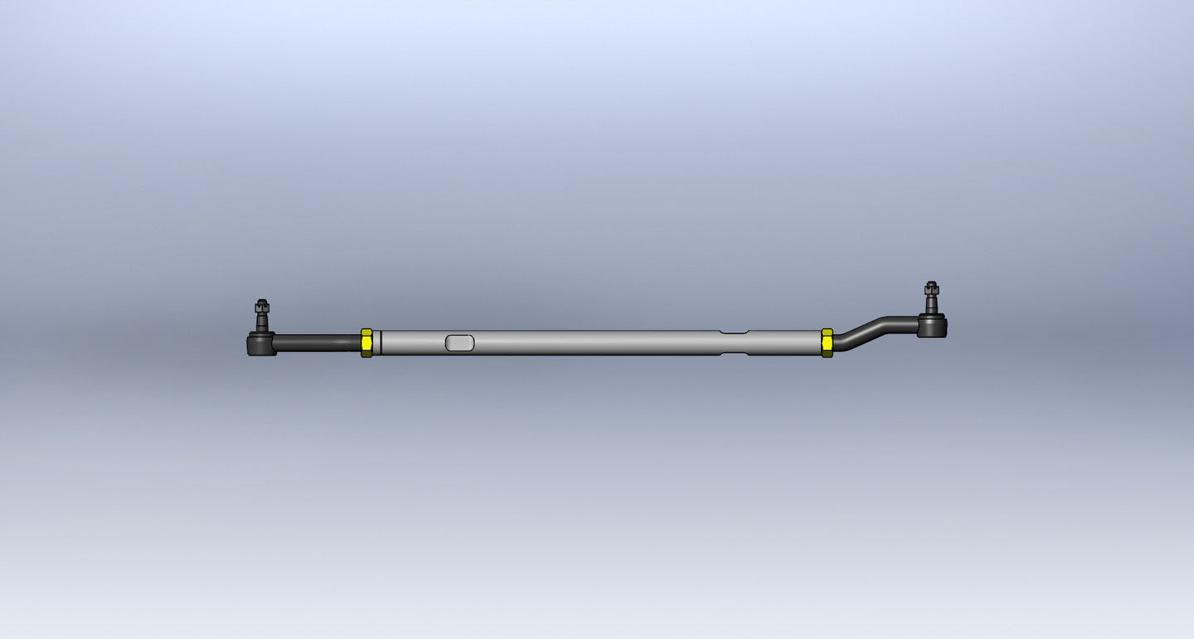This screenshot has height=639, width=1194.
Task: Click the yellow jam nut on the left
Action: click(x=366, y=342)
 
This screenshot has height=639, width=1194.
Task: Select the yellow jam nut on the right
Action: click(x=827, y=342)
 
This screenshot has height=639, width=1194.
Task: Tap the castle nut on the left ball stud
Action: click(x=262, y=307)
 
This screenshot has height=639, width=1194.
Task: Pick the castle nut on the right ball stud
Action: click(x=932, y=290)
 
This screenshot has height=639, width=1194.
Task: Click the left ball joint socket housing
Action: click(x=261, y=343)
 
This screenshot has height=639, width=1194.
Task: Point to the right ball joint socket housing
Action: click(x=933, y=326)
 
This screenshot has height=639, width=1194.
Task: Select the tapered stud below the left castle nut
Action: click(x=262, y=322)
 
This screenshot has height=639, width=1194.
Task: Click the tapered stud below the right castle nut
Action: click(x=932, y=305)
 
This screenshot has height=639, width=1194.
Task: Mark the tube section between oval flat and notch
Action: click(x=597, y=342)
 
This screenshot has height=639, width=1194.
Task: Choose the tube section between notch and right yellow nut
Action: click(x=784, y=342)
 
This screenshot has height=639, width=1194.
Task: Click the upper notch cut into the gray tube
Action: click(x=734, y=332)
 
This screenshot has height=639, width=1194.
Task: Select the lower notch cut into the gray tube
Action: click(x=734, y=354)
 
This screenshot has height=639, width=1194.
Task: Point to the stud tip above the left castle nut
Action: click(x=262, y=301)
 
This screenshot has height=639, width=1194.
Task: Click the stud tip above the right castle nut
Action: click(x=932, y=283)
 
